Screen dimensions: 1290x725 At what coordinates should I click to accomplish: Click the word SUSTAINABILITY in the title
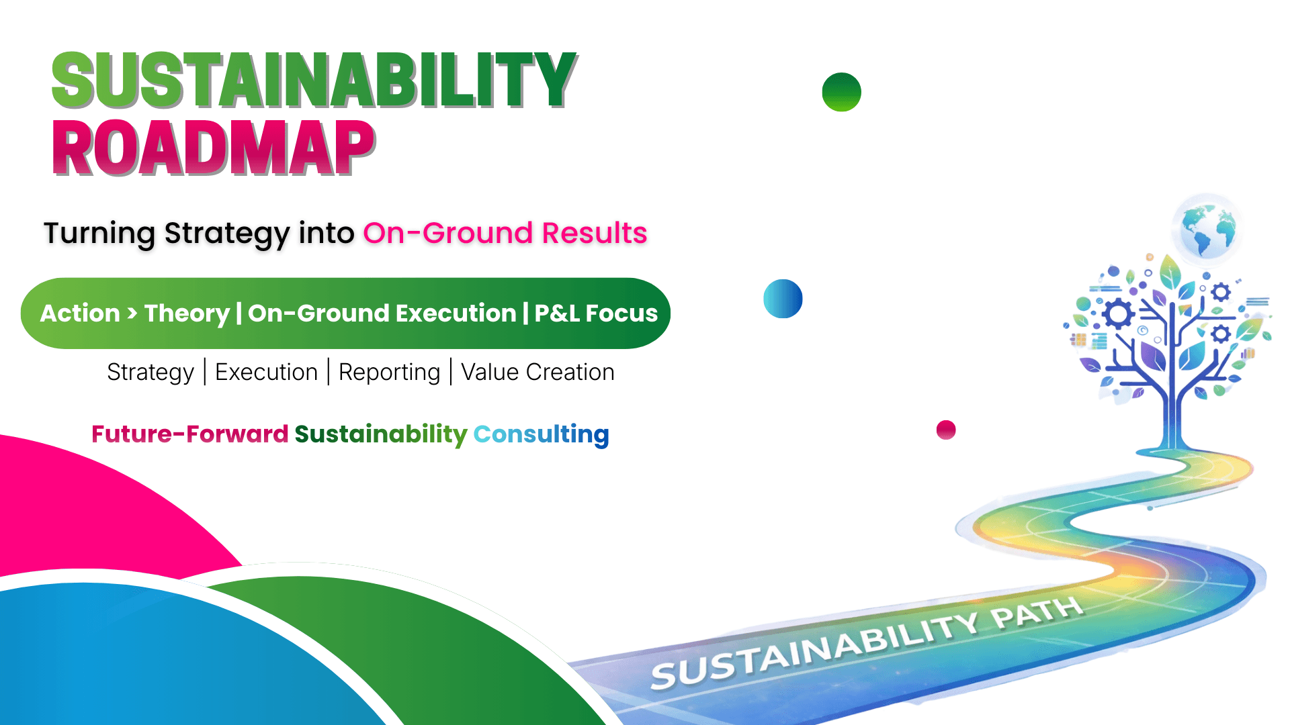click(x=314, y=81)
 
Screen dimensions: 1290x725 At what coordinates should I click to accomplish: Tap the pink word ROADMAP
click(x=214, y=148)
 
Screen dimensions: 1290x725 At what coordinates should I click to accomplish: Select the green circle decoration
click(x=841, y=92)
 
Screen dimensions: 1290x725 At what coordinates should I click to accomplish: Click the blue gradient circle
click(x=783, y=299)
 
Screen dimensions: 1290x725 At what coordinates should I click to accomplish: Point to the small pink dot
click(x=946, y=430)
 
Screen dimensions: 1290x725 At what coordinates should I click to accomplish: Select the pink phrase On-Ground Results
click(x=505, y=233)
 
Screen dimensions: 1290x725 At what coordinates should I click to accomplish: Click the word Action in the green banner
click(x=80, y=313)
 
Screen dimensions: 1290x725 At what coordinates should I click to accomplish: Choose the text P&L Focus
click(x=596, y=313)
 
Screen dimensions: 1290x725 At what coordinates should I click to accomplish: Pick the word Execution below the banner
click(x=266, y=372)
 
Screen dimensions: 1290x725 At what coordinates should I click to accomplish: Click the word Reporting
click(x=389, y=373)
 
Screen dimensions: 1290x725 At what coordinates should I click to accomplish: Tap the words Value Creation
click(x=537, y=372)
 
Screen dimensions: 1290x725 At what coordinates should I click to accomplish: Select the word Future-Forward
click(x=190, y=434)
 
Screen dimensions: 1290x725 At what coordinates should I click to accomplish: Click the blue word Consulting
click(x=542, y=435)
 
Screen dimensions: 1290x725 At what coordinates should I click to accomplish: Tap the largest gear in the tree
click(x=1118, y=313)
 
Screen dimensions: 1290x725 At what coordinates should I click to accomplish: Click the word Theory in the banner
click(x=187, y=314)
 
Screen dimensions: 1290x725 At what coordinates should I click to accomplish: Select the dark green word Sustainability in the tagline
click(x=381, y=435)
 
